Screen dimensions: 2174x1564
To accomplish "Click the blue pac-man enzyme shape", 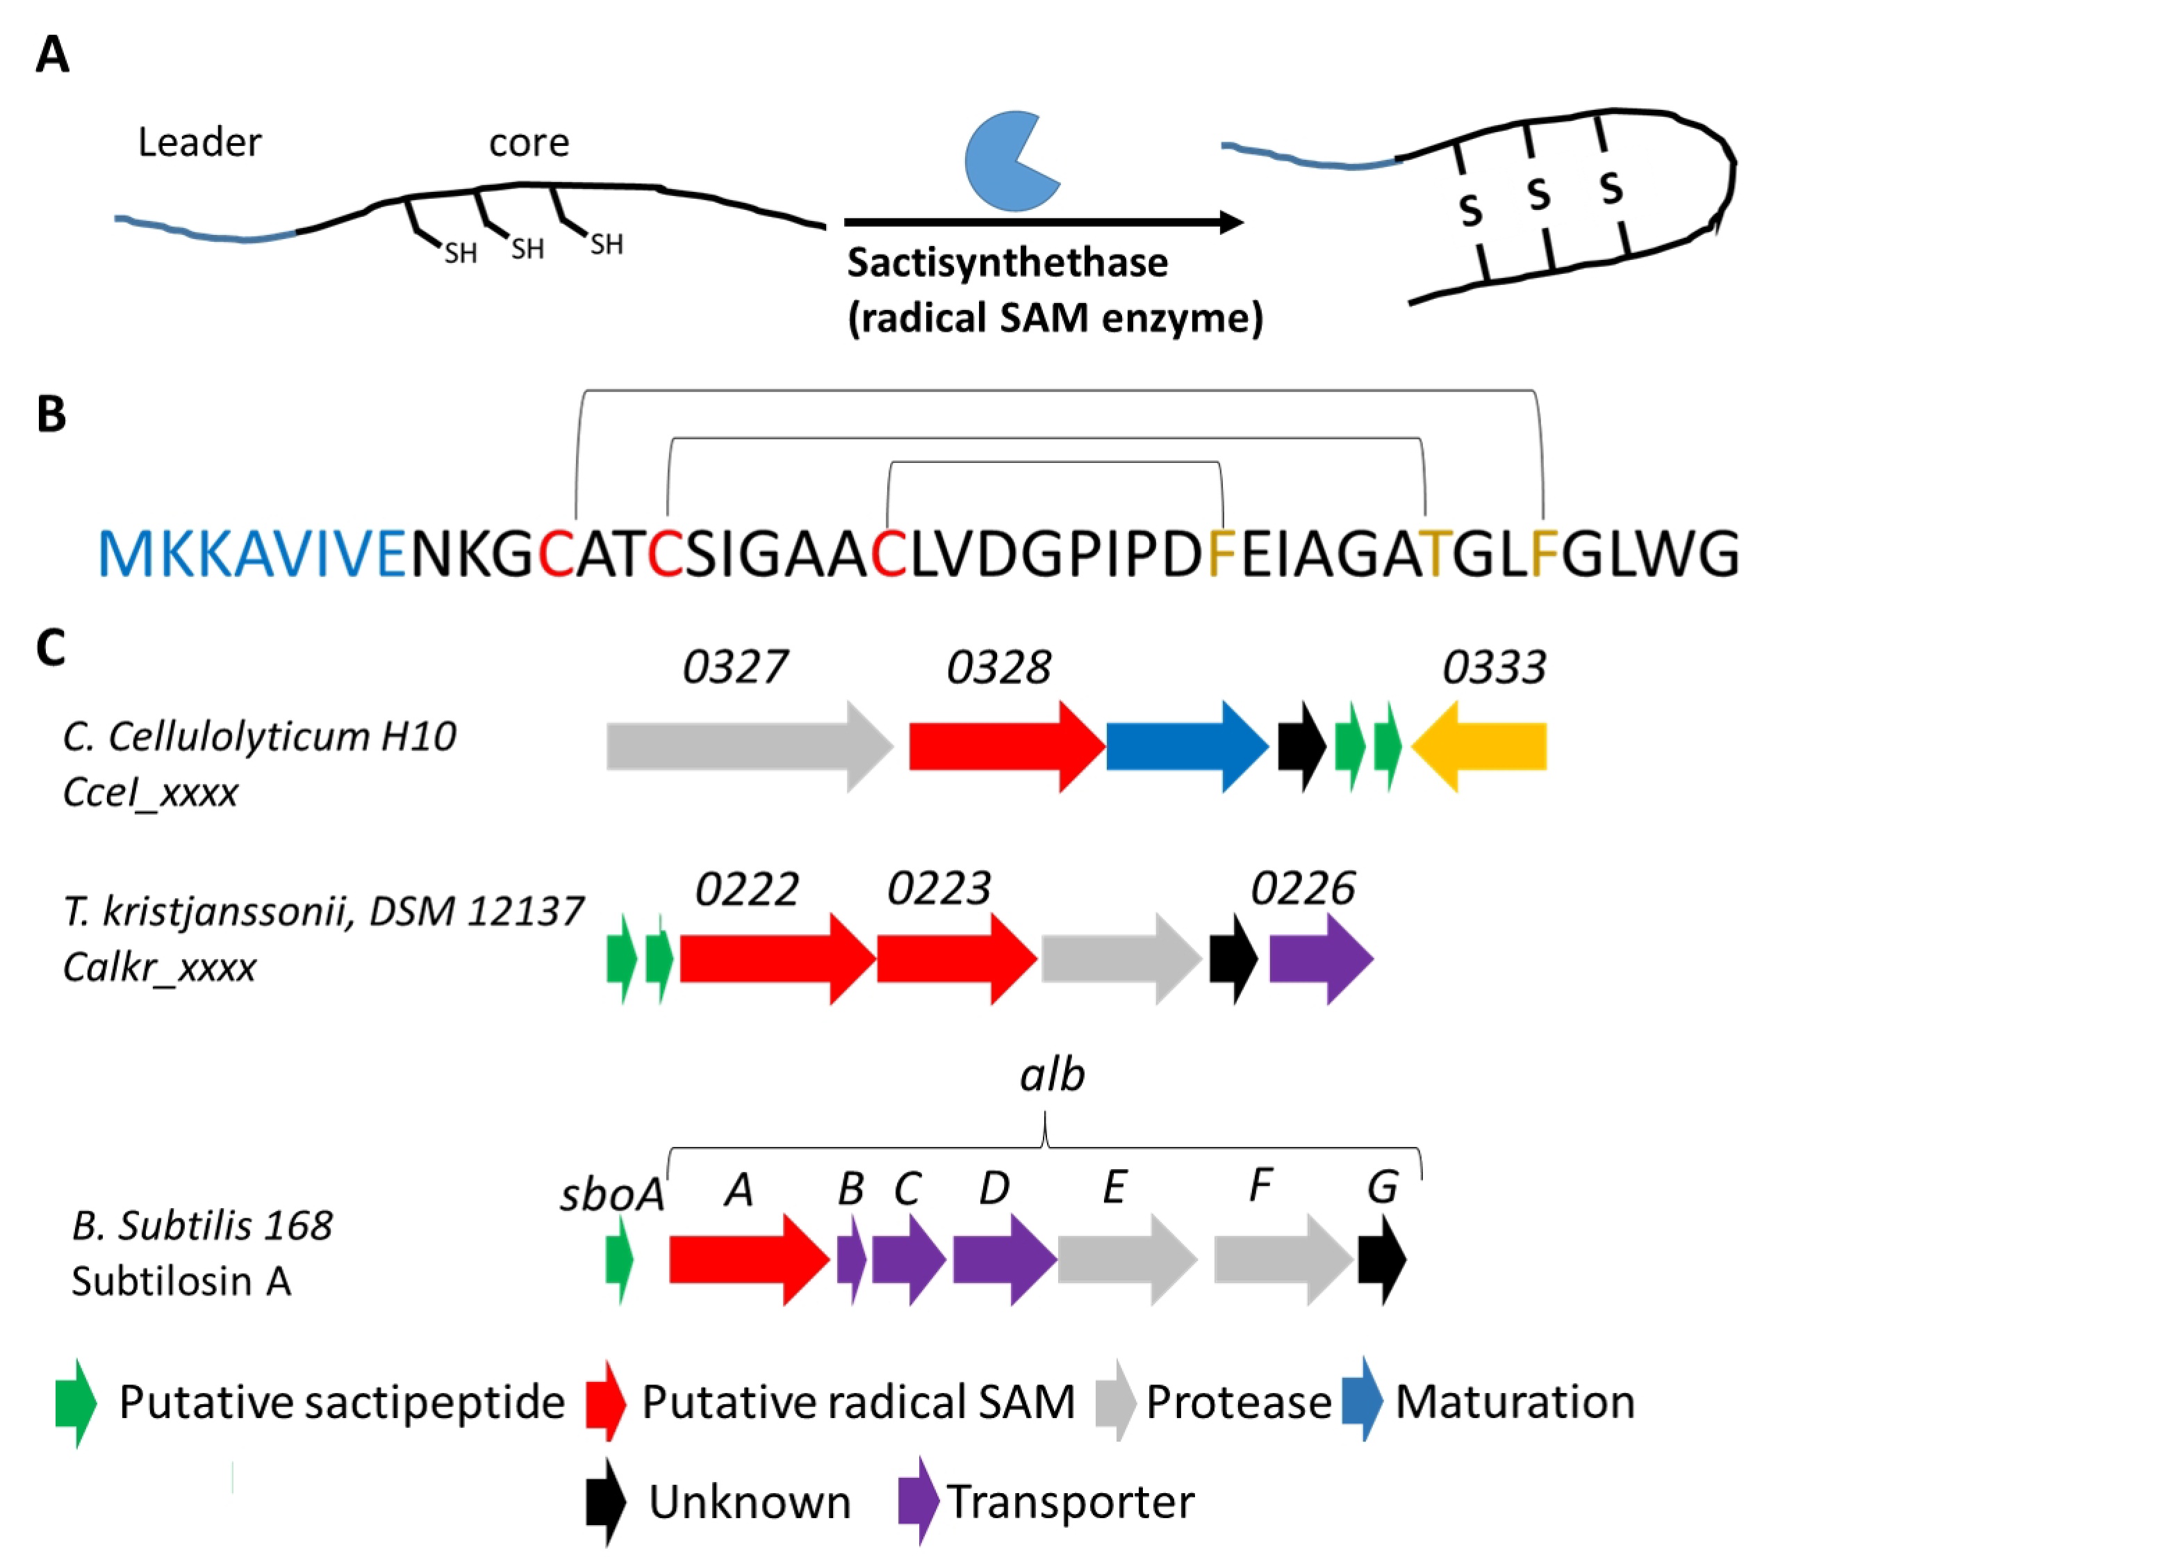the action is coord(1007,161).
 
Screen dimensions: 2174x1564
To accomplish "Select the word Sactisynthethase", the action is coord(1007,262).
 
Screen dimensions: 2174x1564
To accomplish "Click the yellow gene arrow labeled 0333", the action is coord(1479,746).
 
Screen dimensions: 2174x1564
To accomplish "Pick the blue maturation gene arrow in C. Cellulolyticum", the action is coord(1187,746).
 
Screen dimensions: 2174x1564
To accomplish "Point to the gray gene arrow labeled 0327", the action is coord(750,746).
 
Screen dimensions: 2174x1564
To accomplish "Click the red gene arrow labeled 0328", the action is coord(1007,746).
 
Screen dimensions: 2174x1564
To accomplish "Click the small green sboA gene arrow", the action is coord(619,1259).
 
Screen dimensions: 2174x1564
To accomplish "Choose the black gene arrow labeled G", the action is coord(1382,1259).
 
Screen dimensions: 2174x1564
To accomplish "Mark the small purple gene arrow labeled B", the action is coord(851,1259).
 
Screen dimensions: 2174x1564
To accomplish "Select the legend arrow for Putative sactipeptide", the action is coord(76,1402).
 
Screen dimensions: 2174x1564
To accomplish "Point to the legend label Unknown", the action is coord(750,1501).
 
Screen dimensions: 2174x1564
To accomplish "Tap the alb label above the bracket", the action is coord(1051,1075).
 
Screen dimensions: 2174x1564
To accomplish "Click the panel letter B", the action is coord(51,414).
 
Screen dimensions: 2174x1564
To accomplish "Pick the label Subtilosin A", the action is coord(181,1281).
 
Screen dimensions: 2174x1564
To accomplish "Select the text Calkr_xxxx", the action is coord(159,968).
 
